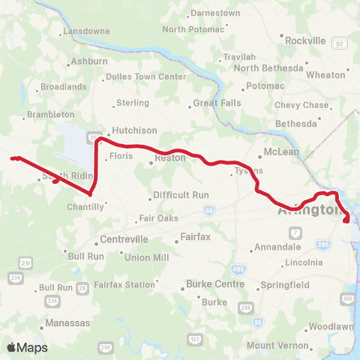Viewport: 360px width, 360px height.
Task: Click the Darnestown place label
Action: coord(214,13)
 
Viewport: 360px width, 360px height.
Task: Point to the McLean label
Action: coord(281,151)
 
